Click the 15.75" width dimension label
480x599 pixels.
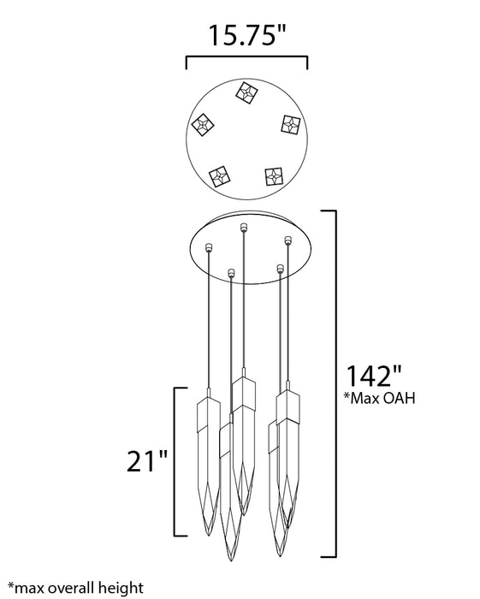(x=246, y=36)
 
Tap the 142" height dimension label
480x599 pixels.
(x=373, y=376)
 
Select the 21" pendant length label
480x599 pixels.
(x=147, y=461)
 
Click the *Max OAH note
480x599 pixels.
(x=379, y=398)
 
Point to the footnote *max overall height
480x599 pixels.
(x=75, y=588)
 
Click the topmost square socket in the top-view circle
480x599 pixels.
(x=246, y=92)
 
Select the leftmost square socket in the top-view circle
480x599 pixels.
(x=203, y=125)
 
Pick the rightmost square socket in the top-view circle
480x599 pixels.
(x=291, y=125)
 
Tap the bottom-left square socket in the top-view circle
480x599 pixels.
(x=220, y=176)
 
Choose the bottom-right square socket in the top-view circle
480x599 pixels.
(x=274, y=177)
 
